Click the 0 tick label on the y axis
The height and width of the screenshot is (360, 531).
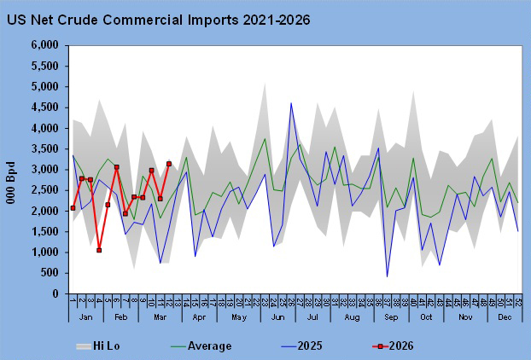pos(55,294)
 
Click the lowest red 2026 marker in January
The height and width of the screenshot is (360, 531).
pos(99,250)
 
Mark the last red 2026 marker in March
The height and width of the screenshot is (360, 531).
pos(169,164)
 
